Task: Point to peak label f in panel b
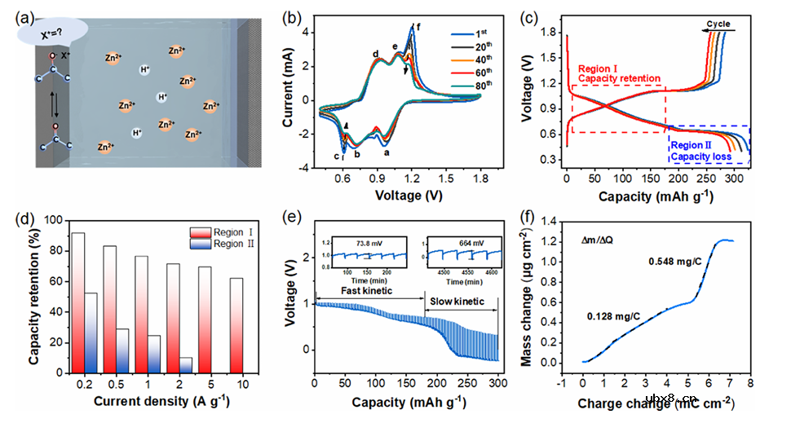pyautogui.click(x=418, y=28)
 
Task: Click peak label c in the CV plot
pyautogui.click(x=335, y=156)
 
